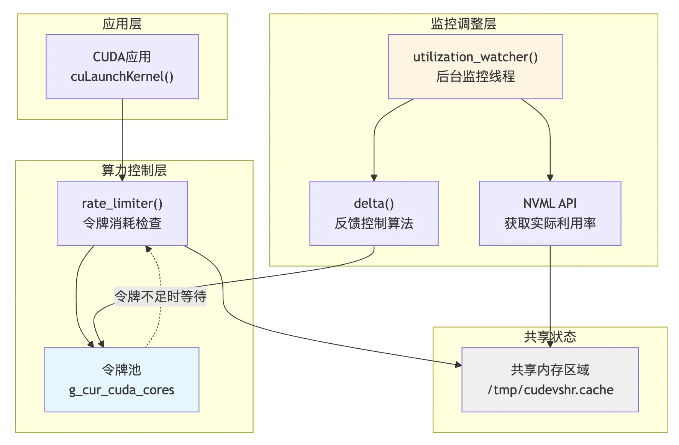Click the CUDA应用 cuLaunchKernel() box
point(122,67)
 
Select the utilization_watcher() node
point(476,67)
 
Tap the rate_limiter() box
point(122,213)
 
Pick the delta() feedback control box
point(374,213)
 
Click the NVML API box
point(550,213)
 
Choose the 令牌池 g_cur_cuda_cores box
point(121,380)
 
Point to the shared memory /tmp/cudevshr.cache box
point(550,380)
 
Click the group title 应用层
point(122,24)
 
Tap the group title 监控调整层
point(464,24)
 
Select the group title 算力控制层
point(134,170)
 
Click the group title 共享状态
point(550,337)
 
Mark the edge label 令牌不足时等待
point(161,297)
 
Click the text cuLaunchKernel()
point(122,77)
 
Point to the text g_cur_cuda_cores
point(121,390)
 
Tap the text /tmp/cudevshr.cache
point(550,390)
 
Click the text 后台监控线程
point(476,77)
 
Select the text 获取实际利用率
point(550,223)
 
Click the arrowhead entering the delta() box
point(374,178)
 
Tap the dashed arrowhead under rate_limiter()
point(148,249)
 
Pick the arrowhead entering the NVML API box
point(550,178)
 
